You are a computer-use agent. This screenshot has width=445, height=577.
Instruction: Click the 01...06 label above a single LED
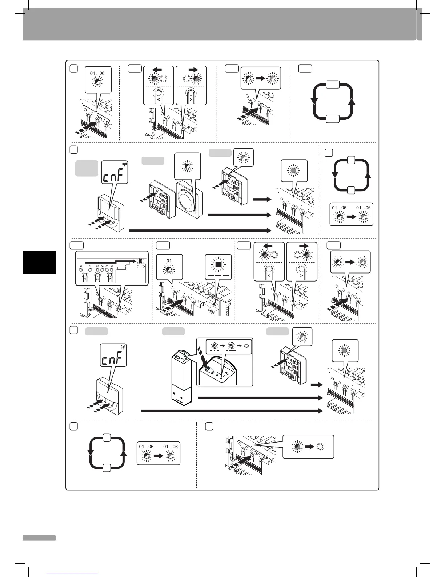coord(97,74)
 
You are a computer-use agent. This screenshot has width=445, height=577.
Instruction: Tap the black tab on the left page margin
coord(39,263)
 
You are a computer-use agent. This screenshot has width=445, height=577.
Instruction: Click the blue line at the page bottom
coord(73,574)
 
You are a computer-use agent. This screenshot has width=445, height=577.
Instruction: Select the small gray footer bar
coord(39,538)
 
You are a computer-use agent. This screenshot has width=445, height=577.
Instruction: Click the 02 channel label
coord(90,267)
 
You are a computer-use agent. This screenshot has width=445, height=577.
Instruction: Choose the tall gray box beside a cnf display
coord(87,168)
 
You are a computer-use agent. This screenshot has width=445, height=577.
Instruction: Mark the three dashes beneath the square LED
coord(218,276)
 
